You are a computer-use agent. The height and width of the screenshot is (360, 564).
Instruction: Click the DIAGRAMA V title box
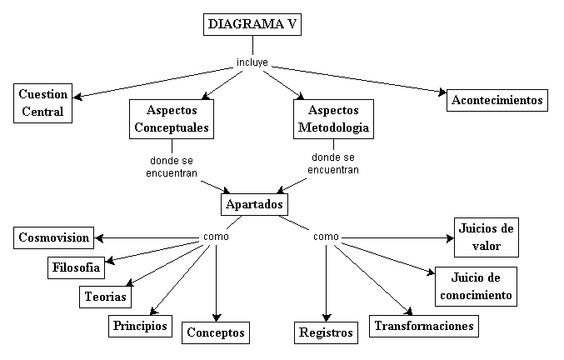[252, 25]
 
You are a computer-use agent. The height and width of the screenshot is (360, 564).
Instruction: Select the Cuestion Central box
[43, 102]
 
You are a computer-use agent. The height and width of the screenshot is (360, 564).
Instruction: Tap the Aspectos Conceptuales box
[172, 119]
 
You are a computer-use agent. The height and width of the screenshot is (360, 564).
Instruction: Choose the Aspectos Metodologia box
[333, 119]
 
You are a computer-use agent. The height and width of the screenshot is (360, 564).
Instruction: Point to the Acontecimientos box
[497, 101]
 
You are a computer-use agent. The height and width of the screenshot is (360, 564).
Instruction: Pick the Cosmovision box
[53, 238]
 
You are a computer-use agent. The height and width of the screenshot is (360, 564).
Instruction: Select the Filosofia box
[76, 267]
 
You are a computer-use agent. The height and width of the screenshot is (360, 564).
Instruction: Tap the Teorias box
[105, 295]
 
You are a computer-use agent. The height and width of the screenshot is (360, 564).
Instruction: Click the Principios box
[140, 325]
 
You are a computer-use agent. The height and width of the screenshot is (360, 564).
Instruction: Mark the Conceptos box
[216, 332]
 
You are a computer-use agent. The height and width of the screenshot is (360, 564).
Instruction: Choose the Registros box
[327, 332]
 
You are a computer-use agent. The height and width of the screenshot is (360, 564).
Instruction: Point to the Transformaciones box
[424, 325]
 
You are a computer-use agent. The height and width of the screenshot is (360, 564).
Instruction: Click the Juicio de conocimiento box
[476, 286]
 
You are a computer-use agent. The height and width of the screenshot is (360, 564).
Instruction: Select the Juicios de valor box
[487, 237]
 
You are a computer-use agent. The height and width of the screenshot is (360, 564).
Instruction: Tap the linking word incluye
[252, 62]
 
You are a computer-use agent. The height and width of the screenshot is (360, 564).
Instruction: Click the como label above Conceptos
[216, 237]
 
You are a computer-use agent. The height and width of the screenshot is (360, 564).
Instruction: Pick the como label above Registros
[326, 237]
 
